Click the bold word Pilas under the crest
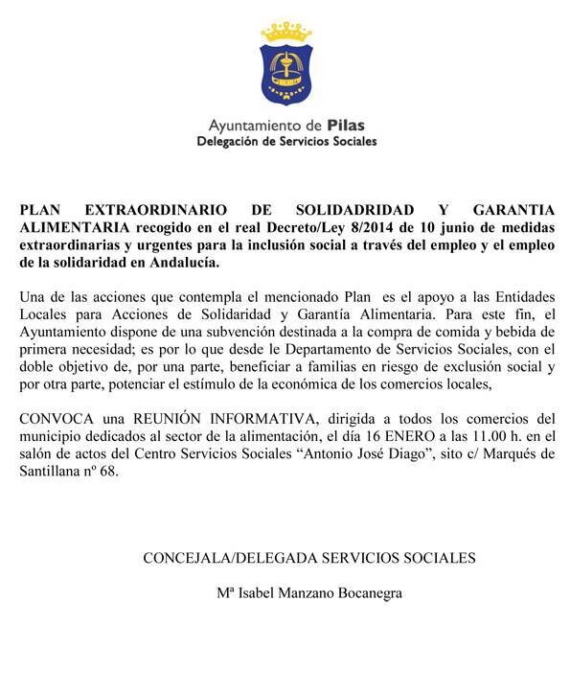coord(344,125)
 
